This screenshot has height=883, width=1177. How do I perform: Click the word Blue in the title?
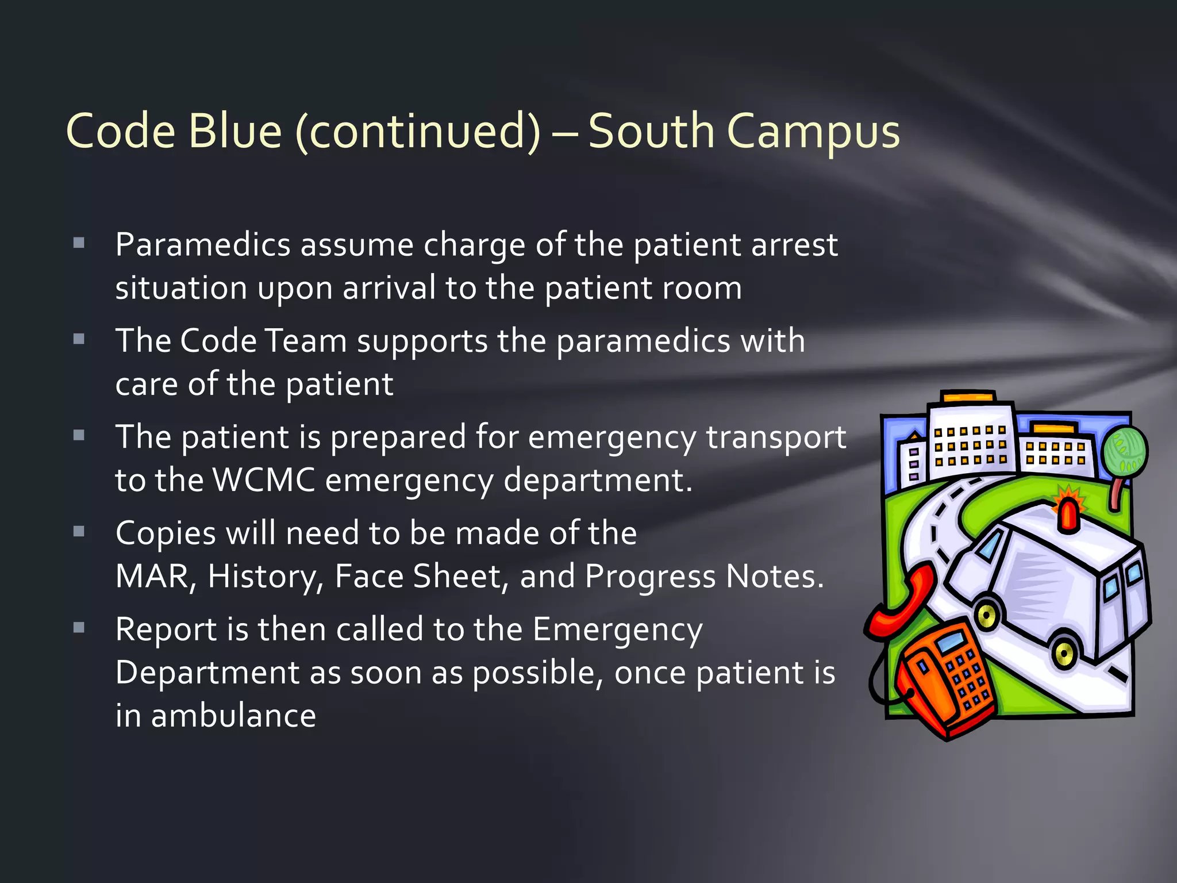point(234,131)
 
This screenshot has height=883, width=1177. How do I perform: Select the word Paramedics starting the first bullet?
point(203,245)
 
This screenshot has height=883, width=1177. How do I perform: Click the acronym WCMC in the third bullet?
point(264,479)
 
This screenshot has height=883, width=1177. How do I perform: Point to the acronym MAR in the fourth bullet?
point(152,576)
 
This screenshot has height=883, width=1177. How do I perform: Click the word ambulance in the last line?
point(233,716)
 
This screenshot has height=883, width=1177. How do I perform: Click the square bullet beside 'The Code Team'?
point(79,339)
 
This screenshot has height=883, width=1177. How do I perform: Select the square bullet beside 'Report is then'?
point(79,627)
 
